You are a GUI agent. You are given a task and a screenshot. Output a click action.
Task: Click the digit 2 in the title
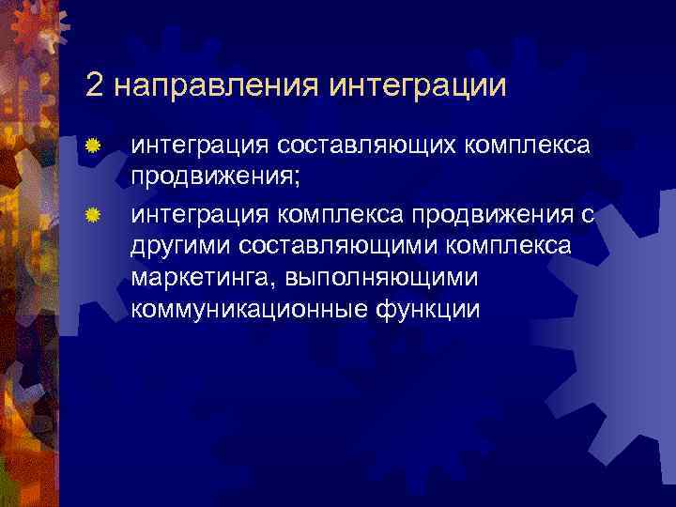coord(94,85)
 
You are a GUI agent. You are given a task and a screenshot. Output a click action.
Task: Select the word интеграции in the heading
coord(419,85)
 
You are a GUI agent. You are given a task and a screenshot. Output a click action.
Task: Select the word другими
coord(181,247)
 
